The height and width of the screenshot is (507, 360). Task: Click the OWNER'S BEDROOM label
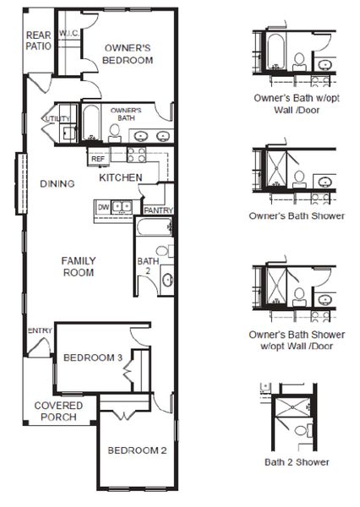(127, 54)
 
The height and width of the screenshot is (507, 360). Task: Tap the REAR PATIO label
(38, 41)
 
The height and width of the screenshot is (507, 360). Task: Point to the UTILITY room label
(57, 120)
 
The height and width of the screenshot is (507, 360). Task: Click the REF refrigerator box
(98, 158)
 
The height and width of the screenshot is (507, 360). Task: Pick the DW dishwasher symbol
(103, 206)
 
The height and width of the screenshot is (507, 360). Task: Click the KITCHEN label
(119, 178)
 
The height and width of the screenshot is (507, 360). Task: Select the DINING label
(57, 183)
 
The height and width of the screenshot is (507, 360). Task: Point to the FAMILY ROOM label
(77, 266)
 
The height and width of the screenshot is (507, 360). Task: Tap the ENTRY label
(39, 330)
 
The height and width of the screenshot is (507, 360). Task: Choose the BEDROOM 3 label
(94, 358)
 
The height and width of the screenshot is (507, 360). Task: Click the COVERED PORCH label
(58, 411)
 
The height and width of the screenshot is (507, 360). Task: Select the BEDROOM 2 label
(137, 450)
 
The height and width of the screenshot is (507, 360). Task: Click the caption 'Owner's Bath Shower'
(296, 215)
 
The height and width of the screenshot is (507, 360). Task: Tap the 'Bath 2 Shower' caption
(296, 462)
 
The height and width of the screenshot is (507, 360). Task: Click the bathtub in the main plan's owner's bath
(93, 123)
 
